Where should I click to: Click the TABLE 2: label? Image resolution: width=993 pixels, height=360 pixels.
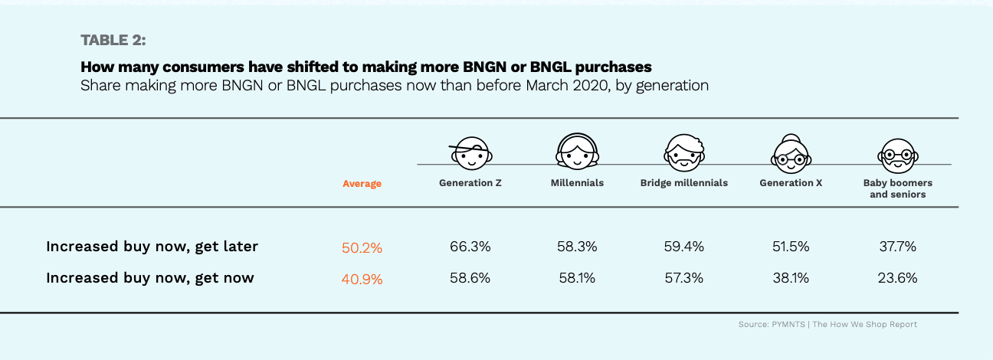pos(113,39)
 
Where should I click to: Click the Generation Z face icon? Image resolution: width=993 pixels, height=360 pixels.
pos(470,153)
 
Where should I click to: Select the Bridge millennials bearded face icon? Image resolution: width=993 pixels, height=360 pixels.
pos(683,152)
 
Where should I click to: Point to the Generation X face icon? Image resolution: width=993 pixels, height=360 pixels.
pos(791,152)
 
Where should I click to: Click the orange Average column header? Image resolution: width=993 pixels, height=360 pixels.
pos(362,184)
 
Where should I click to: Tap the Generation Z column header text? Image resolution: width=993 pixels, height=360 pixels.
pos(470,183)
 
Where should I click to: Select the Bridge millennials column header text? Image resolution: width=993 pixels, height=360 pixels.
pos(683,183)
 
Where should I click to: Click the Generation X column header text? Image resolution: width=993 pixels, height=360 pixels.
pos(791,183)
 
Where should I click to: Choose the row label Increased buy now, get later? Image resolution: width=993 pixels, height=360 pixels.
pos(152,247)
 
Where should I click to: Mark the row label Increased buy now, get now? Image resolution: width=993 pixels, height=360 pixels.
pos(149,278)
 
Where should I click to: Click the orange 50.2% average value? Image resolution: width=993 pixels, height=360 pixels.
pos(362,247)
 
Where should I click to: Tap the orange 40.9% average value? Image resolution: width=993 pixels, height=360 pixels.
pos(362,279)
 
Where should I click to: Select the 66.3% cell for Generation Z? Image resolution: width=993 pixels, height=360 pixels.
pos(470,247)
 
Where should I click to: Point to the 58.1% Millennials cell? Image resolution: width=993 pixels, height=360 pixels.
pos(577,278)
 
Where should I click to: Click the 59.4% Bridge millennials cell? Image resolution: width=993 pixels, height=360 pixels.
pos(683,247)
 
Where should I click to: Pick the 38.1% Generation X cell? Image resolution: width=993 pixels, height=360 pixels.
pos(791,278)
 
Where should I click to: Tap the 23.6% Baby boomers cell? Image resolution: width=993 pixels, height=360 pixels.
pos(897,278)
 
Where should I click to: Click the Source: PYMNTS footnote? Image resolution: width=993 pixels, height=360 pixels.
pos(827,325)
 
